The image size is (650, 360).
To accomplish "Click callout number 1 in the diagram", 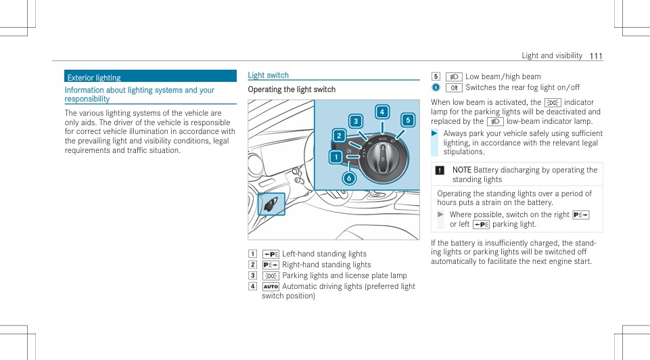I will point(335,158).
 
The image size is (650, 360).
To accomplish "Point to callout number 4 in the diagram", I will point(382,112).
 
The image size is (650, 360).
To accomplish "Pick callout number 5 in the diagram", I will point(408,120).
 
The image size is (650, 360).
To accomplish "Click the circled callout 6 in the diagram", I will point(349,179).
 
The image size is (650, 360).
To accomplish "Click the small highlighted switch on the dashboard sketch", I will point(271,204).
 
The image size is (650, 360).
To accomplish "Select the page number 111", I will point(595,55).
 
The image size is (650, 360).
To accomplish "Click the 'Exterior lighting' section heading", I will point(94,78).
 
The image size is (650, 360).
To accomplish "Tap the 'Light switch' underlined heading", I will point(268,75).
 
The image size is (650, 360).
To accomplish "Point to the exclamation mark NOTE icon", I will point(440,170).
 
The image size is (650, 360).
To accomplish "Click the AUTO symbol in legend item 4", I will point(271,286).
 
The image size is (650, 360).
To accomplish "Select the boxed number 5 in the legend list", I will point(436,76).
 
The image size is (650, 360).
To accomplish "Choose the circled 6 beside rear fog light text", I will point(436,87).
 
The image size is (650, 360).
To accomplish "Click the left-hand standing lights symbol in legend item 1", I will point(271,254).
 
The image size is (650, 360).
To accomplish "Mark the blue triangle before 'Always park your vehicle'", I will point(435,133).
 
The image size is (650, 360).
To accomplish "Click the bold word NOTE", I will point(462,169).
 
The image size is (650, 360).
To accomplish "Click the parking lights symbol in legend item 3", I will point(271,275).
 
